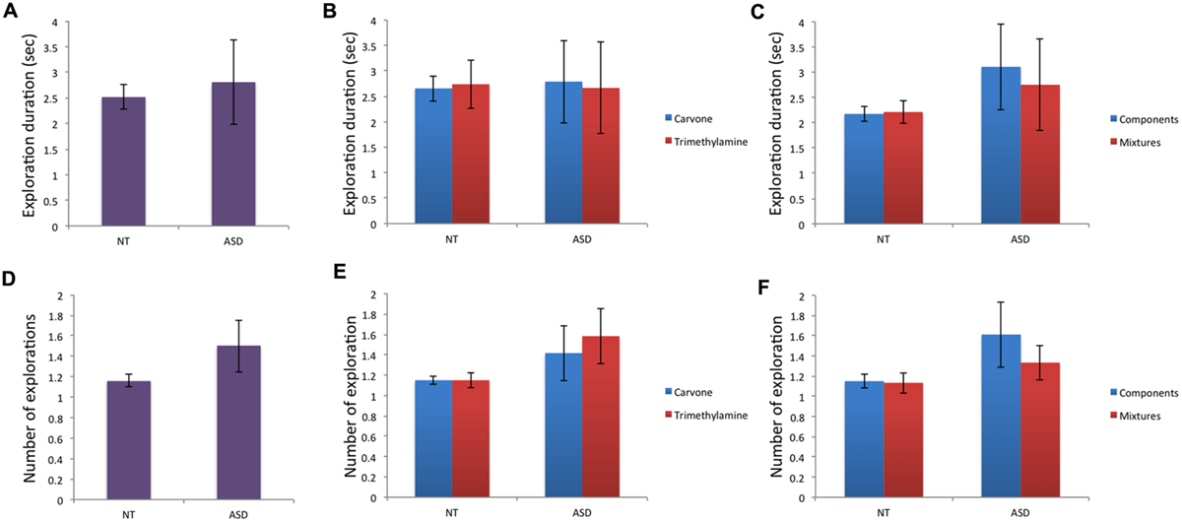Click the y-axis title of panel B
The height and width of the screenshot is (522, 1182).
click(351, 121)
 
